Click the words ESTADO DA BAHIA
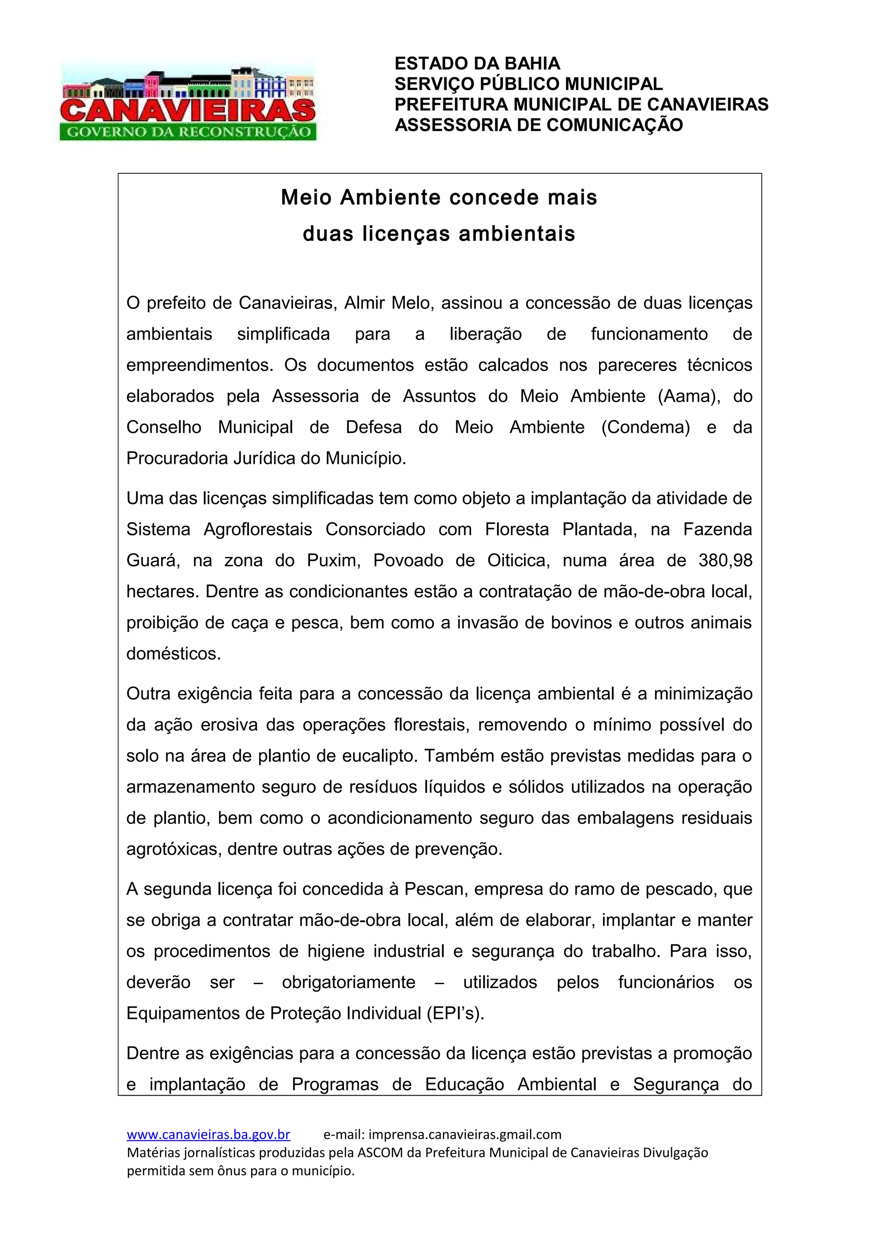(x=477, y=64)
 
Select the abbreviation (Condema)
(x=646, y=428)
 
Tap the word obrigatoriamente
(x=348, y=982)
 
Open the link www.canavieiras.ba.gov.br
(x=208, y=1135)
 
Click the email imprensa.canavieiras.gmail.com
(x=465, y=1135)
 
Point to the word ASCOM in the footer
(x=379, y=1153)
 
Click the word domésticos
(x=173, y=654)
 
